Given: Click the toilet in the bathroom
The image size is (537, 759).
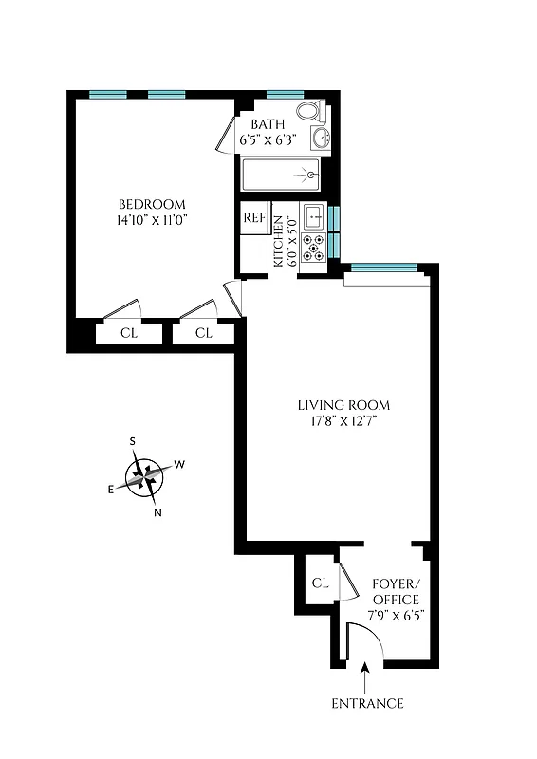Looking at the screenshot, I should click(x=309, y=112).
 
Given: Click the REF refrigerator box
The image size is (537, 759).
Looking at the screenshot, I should click(x=253, y=217).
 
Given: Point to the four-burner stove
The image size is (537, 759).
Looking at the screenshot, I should click(x=312, y=248).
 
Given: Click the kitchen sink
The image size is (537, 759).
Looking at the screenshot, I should click(x=312, y=215).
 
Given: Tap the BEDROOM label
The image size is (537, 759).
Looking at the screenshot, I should click(x=151, y=204).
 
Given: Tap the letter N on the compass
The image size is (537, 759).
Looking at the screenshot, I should click(x=157, y=513).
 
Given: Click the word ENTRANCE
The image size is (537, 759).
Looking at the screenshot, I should click(x=367, y=703).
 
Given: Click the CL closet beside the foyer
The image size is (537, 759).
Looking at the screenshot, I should click(x=320, y=583).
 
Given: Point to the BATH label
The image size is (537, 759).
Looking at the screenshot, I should click(x=267, y=125).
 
